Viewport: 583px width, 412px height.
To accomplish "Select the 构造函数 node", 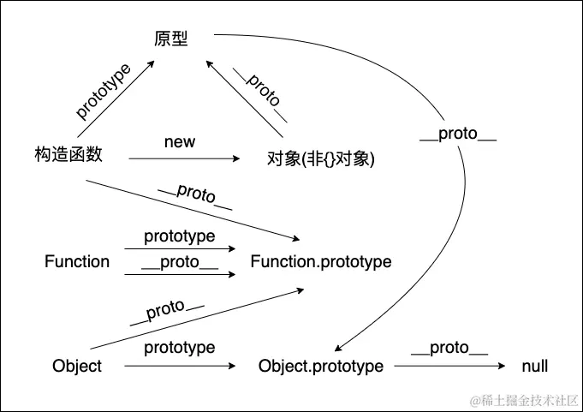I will point(68,154).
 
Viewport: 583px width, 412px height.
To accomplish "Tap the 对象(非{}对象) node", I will point(321,159).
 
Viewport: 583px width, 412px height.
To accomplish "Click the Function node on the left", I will point(77,262).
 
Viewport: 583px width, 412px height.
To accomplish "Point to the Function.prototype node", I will point(321,262).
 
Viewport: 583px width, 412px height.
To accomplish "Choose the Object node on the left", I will point(77,367).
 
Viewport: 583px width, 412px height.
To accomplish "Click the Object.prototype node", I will point(321,367).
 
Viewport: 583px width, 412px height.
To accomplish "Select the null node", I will point(535,367).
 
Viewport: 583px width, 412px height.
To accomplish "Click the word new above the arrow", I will point(180,141).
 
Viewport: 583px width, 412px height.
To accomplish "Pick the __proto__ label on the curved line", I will point(459,136).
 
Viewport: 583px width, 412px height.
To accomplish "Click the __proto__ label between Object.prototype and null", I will point(449,348).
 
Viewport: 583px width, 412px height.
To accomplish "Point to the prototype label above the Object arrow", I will point(180,348).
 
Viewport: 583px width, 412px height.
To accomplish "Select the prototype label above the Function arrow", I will point(180,236).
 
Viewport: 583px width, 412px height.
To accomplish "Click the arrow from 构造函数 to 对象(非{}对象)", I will point(184,158).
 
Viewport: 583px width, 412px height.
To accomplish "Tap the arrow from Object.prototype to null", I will point(449,367).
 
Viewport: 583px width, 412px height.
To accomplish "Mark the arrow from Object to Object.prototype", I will point(180,367).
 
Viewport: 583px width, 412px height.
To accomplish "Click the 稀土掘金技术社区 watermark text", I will point(522,399).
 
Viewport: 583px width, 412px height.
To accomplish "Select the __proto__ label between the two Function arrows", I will point(180,262).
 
